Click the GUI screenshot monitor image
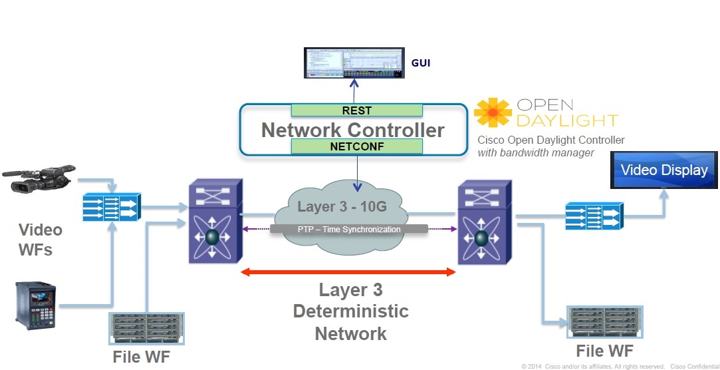354,63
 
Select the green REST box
357,110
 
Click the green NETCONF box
357,146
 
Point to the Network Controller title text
352,129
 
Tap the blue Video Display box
664,170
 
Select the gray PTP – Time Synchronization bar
348,229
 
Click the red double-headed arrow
348,272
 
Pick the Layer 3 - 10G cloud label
342,207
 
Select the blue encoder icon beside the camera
112,207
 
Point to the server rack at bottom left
137,329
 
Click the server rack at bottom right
604,323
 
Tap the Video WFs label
41,240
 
